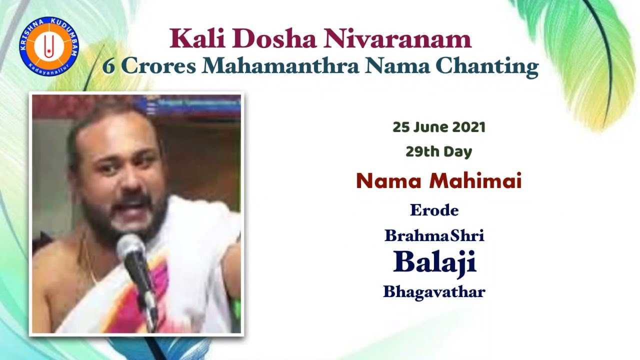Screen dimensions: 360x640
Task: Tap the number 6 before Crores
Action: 108,66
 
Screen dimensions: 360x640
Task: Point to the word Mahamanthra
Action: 280,66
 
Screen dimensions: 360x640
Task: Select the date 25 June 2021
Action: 438,127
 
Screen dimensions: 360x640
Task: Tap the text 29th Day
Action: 438,151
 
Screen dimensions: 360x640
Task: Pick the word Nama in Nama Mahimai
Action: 388,181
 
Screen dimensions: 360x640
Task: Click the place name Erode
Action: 434,210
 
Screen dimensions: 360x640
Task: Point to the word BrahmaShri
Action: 434,235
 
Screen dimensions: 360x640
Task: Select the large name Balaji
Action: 434,262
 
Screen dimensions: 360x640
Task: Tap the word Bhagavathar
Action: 434,291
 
